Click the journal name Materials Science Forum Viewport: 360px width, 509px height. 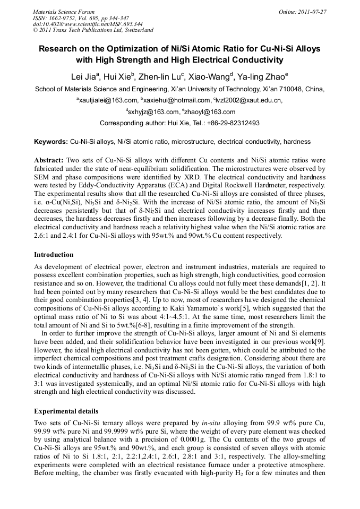[64, 11]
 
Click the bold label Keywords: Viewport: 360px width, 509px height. [51, 142]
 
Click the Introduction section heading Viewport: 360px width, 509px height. [54, 255]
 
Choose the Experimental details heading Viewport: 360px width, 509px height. [66, 411]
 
